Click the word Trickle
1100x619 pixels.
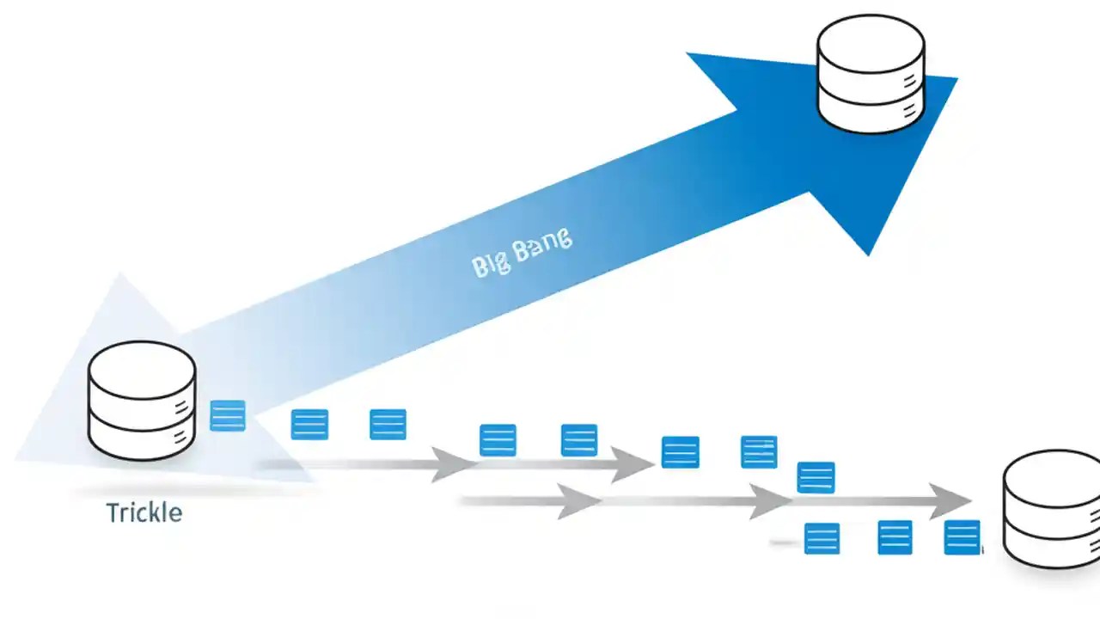click(144, 513)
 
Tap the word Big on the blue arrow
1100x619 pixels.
click(491, 264)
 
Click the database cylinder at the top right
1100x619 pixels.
click(871, 76)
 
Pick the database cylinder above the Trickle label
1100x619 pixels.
click(142, 401)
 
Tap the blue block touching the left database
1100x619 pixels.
click(228, 416)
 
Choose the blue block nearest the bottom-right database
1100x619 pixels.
click(962, 537)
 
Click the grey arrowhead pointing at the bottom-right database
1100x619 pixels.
click(950, 501)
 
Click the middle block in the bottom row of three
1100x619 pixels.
click(895, 537)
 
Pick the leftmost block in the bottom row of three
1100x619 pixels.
click(822, 538)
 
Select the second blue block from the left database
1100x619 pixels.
click(309, 425)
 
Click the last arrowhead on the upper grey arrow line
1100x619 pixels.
click(633, 465)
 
